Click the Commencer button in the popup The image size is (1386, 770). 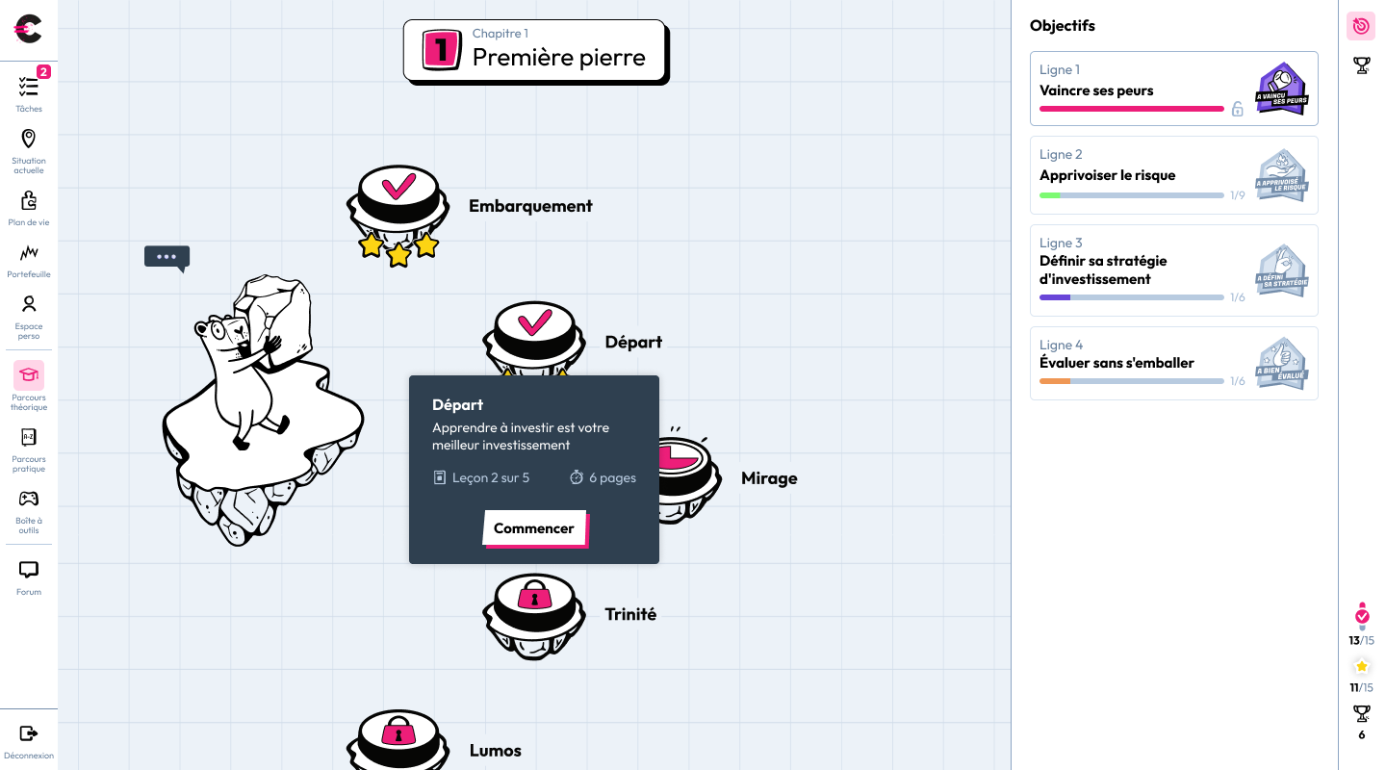534,528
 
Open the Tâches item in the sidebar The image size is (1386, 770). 29,90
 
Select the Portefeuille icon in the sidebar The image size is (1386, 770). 29,252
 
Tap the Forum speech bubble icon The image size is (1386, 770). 29,570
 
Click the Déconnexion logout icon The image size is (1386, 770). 29,733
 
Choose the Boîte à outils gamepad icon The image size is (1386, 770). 29,499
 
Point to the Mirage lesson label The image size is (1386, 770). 769,478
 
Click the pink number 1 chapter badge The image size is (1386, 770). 442,49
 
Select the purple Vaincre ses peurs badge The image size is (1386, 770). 1282,89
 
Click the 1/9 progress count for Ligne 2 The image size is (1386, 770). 1238,195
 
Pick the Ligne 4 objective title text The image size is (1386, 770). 1116,363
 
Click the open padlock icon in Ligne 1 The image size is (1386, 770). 1237,109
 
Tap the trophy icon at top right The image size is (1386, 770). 1361,65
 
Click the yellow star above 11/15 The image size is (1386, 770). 1361,667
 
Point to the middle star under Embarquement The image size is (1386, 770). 398,254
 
